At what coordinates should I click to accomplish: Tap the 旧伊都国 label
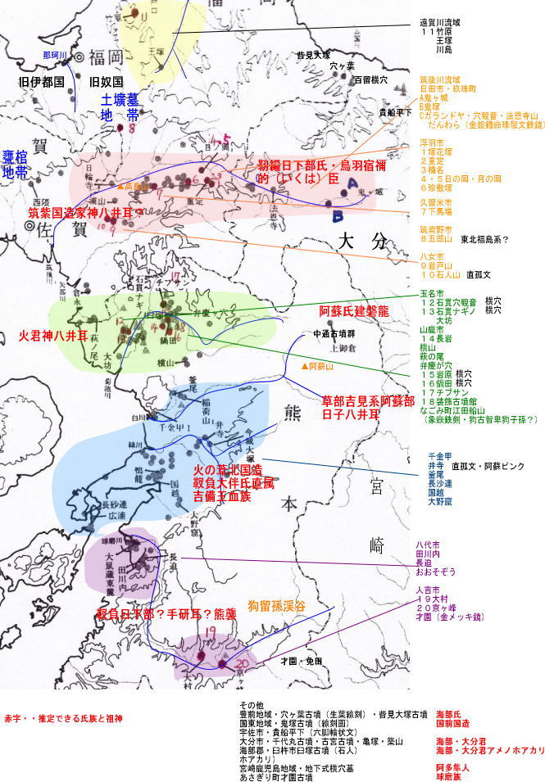[x=41, y=83]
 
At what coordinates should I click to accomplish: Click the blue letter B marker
[x=338, y=217]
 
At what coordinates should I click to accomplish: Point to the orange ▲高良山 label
[x=135, y=187]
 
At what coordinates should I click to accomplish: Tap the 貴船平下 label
[x=395, y=113]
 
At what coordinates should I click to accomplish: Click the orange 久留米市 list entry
[x=436, y=202]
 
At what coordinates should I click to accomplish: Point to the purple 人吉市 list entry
[x=430, y=590]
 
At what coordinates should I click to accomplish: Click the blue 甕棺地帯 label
[x=16, y=165]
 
